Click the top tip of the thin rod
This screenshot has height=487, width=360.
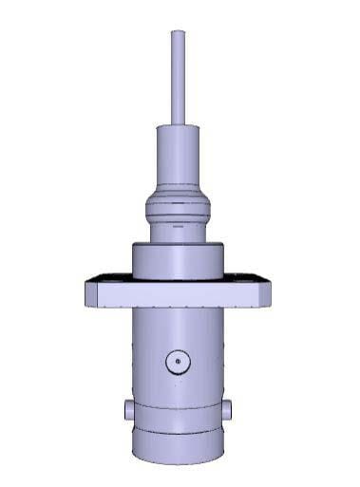pyautogui.click(x=178, y=33)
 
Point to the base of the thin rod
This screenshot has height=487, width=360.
pyautogui.click(x=178, y=121)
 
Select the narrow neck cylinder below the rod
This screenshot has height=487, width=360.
pyautogui.click(x=178, y=161)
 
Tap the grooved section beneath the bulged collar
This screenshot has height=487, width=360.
pyautogui.click(x=178, y=229)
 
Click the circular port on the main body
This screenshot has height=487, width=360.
pyautogui.click(x=178, y=362)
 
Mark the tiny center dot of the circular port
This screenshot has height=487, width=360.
pyautogui.click(x=178, y=362)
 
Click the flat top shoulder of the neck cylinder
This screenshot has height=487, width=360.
pyautogui.click(x=178, y=127)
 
